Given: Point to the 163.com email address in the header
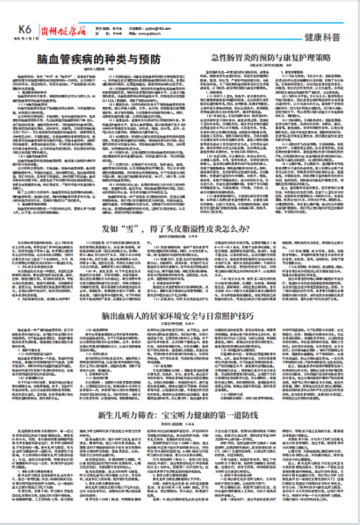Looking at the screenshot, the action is coord(168,8).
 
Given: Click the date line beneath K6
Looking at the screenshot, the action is coord(20,18).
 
